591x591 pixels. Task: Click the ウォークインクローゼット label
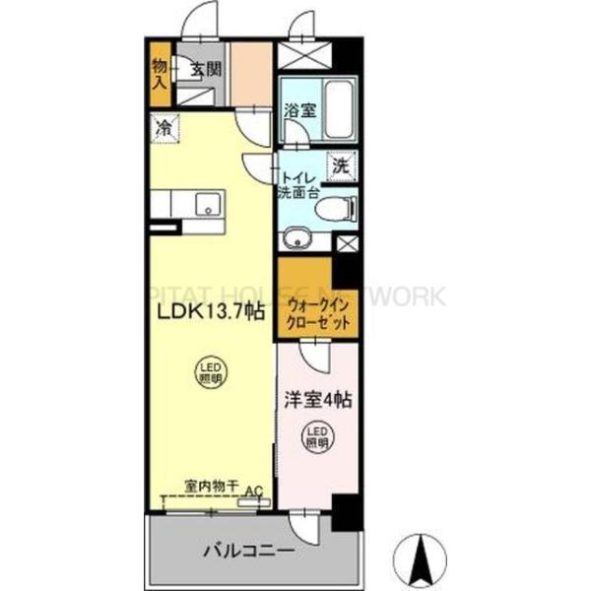(317, 313)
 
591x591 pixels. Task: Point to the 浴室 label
(297, 111)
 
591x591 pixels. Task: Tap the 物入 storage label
(160, 75)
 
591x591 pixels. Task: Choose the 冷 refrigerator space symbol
(164, 127)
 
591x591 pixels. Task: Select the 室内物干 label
(212, 486)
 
